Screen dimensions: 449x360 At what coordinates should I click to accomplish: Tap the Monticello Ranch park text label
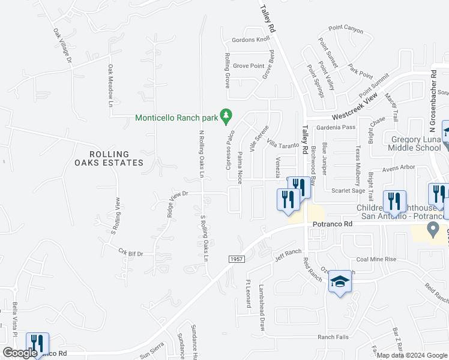(176, 118)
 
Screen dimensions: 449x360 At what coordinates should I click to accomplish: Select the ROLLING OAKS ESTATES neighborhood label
(109, 158)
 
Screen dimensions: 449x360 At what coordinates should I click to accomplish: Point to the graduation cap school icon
(340, 283)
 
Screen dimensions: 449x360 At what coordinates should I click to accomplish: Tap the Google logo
(20, 353)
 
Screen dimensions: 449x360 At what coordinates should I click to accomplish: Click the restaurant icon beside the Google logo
(36, 344)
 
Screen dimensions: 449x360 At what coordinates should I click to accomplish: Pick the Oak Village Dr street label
(62, 47)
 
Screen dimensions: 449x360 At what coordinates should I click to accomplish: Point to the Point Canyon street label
(346, 28)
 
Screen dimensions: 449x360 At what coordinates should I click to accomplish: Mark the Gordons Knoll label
(250, 40)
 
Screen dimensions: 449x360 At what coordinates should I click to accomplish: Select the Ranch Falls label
(333, 337)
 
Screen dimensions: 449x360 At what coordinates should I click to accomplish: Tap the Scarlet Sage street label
(348, 190)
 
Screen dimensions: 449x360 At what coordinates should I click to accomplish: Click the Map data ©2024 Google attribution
(413, 355)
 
